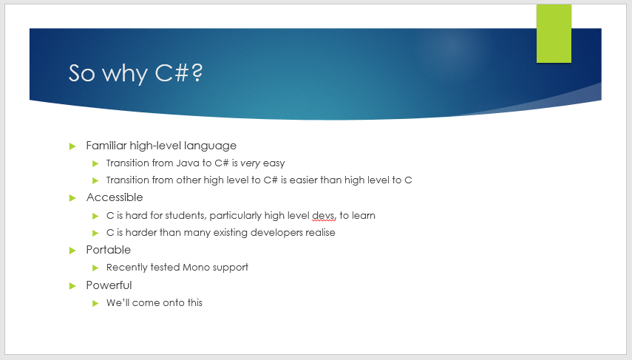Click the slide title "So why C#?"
[135, 73]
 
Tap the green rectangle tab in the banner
[554, 33]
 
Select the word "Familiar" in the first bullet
[106, 146]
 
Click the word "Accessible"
[115, 197]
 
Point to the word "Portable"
[109, 250]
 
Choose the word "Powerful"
[109, 285]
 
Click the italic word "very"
[251, 163]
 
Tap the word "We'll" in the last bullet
[118, 303]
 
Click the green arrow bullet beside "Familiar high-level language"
[72, 146]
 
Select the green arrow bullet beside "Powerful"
[72, 285]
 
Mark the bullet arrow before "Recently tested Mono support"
[95, 268]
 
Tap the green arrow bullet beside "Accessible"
[72, 197]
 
